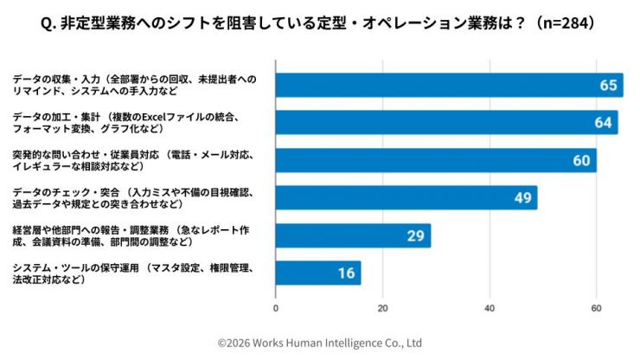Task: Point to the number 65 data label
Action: click(608, 85)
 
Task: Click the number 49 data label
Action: click(522, 198)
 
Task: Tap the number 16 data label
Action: click(345, 273)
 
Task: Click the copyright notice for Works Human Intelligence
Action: click(319, 343)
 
